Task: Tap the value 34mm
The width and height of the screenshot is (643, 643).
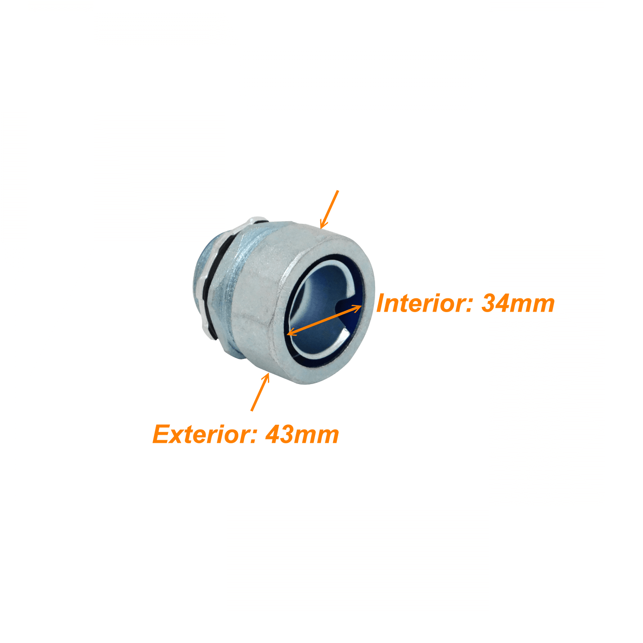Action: (x=518, y=303)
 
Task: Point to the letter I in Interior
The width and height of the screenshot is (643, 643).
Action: (x=382, y=303)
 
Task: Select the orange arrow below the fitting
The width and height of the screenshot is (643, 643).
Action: (x=260, y=392)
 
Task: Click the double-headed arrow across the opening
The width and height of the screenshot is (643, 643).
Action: (x=324, y=320)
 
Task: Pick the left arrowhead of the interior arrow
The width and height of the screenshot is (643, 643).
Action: (x=291, y=332)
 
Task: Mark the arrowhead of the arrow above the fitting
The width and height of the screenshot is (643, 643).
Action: (x=323, y=224)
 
